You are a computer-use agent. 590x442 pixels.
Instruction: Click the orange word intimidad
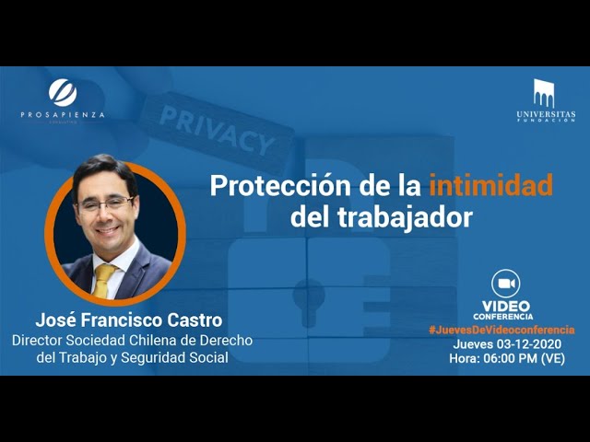(491, 184)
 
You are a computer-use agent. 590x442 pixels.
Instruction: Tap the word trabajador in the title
(405, 217)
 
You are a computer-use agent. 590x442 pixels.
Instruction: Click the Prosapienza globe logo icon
(63, 92)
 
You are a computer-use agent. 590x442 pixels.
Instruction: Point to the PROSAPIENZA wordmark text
(63, 114)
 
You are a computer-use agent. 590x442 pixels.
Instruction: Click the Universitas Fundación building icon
(544, 94)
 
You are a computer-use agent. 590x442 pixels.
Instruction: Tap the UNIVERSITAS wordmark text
(546, 114)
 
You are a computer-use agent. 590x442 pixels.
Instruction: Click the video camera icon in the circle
(506, 284)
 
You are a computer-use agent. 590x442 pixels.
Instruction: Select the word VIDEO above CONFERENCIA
(506, 307)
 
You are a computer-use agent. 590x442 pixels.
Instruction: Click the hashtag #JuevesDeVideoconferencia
(501, 330)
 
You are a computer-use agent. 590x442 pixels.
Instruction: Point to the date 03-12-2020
(529, 343)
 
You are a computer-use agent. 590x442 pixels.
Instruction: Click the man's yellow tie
(102, 280)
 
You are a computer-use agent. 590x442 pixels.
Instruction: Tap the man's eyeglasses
(105, 204)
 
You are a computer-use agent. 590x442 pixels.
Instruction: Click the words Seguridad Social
(174, 357)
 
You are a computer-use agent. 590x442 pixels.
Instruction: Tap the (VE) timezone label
(553, 358)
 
